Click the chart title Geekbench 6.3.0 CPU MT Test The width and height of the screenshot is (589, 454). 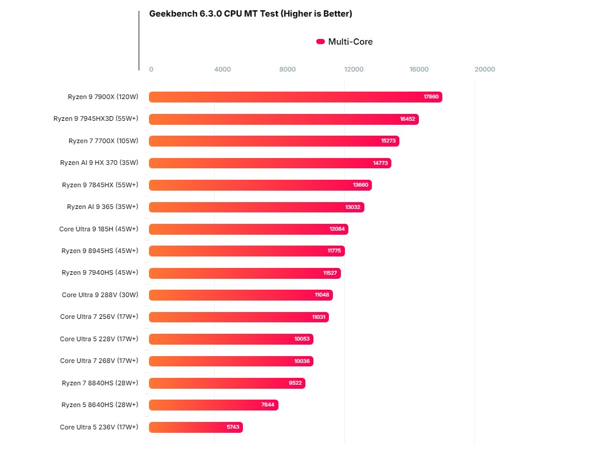250,14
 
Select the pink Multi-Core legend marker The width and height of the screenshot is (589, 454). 320,42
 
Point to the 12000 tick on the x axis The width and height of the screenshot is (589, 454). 354,69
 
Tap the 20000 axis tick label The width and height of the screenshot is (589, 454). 485,69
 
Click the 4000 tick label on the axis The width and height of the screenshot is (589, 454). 222,69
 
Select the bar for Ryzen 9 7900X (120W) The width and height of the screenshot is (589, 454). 295,97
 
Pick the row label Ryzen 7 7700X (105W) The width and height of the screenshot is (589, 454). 103,141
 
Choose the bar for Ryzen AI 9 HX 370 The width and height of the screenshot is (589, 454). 270,163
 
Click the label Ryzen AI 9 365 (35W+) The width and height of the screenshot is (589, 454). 103,207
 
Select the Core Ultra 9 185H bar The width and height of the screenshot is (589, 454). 248,229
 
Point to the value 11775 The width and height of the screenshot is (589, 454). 334,251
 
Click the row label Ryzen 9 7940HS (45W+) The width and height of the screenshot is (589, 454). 100,273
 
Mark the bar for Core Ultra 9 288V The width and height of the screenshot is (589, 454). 241,295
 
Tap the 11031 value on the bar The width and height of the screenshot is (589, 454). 319,317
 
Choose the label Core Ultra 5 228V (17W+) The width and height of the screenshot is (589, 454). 99,339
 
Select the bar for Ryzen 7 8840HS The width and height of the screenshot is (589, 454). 227,383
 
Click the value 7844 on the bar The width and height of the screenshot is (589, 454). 268,405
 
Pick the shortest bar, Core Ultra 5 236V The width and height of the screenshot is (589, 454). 195,427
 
